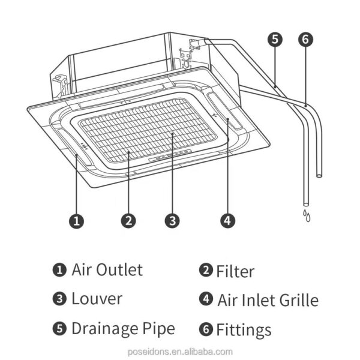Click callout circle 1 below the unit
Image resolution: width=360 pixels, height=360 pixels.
point(77,221)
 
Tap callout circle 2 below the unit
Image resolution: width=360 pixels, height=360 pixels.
point(128,221)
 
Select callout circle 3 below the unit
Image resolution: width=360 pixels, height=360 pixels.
point(172,221)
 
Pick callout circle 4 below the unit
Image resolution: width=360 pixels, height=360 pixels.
point(228,221)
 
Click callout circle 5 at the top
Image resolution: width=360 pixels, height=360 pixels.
point(275,40)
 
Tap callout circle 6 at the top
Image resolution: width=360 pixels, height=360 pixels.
point(305,40)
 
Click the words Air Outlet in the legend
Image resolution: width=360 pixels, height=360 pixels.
point(107,269)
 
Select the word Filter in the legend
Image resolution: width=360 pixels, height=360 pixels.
point(235,271)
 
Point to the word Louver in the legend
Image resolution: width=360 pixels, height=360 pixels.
point(97,298)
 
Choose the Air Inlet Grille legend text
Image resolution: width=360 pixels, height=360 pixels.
point(268,300)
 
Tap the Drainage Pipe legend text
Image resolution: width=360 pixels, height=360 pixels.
point(123,329)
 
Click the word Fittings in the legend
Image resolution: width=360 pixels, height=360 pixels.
point(244,329)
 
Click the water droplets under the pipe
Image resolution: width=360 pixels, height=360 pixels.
point(307,215)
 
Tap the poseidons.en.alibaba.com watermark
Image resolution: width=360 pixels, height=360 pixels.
point(180,352)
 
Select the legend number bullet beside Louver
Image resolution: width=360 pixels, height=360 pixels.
point(59,299)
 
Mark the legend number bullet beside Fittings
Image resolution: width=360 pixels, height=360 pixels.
point(206,329)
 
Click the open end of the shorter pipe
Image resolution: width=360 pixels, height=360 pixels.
point(319,176)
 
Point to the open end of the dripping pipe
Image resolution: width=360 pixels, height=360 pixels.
point(306,205)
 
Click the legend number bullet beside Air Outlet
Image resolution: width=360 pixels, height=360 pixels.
point(59,270)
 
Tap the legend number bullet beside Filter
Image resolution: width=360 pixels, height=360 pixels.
point(206,270)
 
